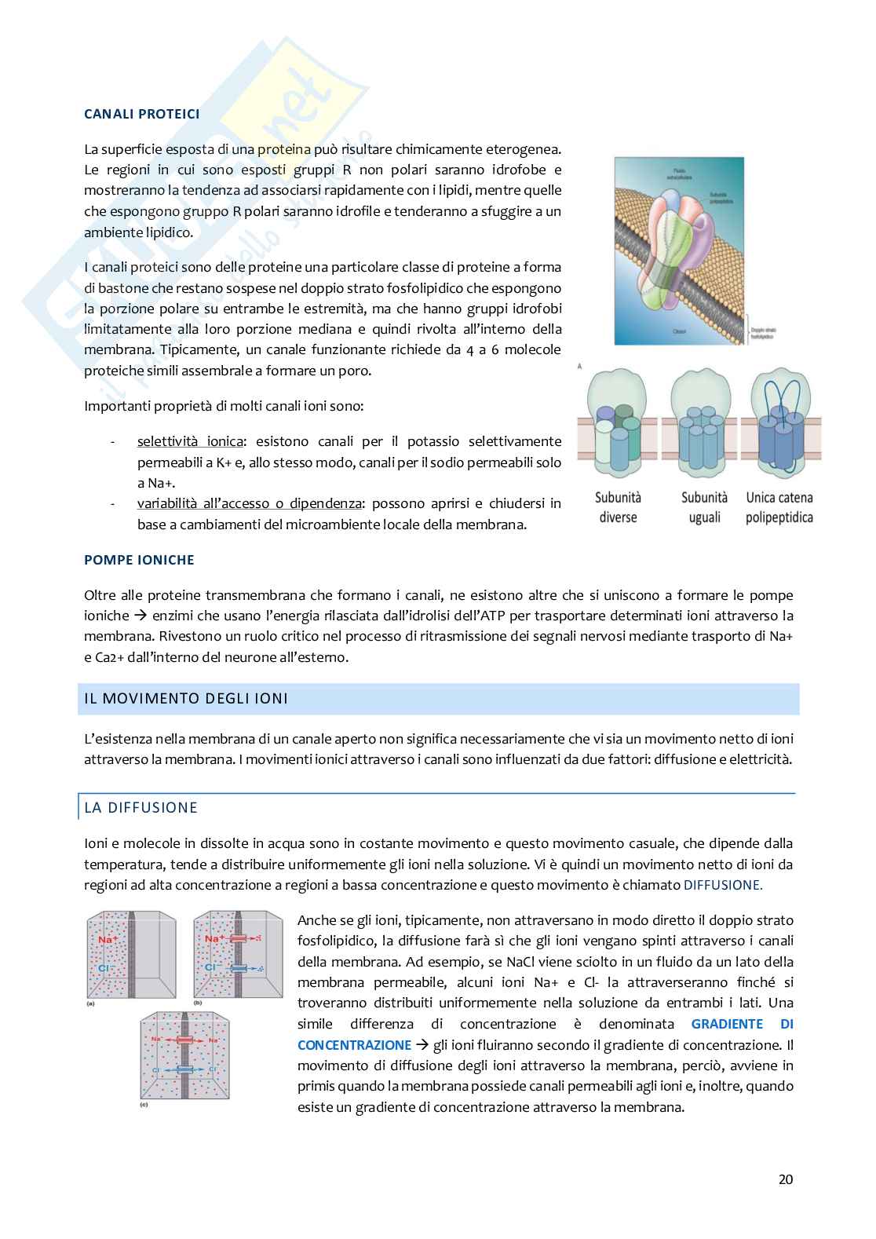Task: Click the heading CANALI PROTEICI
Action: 141,114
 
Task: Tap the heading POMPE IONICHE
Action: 139,560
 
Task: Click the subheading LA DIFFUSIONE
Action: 141,808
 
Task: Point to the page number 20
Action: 785,1179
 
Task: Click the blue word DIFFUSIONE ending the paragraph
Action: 722,885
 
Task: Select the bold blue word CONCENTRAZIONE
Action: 354,1045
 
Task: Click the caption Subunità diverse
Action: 618,507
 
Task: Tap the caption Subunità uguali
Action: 704,507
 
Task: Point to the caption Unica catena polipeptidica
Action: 779,507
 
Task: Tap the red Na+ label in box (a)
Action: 108,939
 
